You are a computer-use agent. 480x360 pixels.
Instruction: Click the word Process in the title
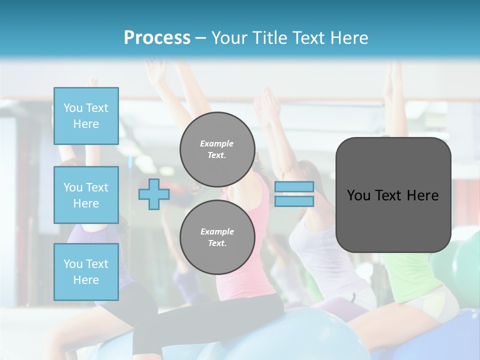pos(157,38)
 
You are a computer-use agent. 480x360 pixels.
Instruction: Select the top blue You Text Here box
pos(86,116)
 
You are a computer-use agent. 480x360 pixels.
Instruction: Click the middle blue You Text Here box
pos(86,195)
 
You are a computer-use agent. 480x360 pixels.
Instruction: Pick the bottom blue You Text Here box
pos(86,271)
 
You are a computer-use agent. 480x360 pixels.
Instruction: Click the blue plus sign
pos(153,194)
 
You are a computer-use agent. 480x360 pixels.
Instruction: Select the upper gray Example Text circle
pos(217,149)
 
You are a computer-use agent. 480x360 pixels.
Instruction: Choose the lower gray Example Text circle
pos(217,237)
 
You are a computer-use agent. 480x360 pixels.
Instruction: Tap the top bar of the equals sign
pos(294,186)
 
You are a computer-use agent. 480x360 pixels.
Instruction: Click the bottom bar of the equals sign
pos(294,201)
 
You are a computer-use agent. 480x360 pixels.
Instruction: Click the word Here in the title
pos(348,38)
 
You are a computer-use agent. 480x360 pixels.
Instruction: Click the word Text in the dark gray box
pos(392,195)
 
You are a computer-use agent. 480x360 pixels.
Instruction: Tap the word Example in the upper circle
pos(216,143)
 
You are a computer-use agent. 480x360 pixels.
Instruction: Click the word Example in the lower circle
pos(217,231)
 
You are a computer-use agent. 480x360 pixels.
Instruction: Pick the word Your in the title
pos(229,38)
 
